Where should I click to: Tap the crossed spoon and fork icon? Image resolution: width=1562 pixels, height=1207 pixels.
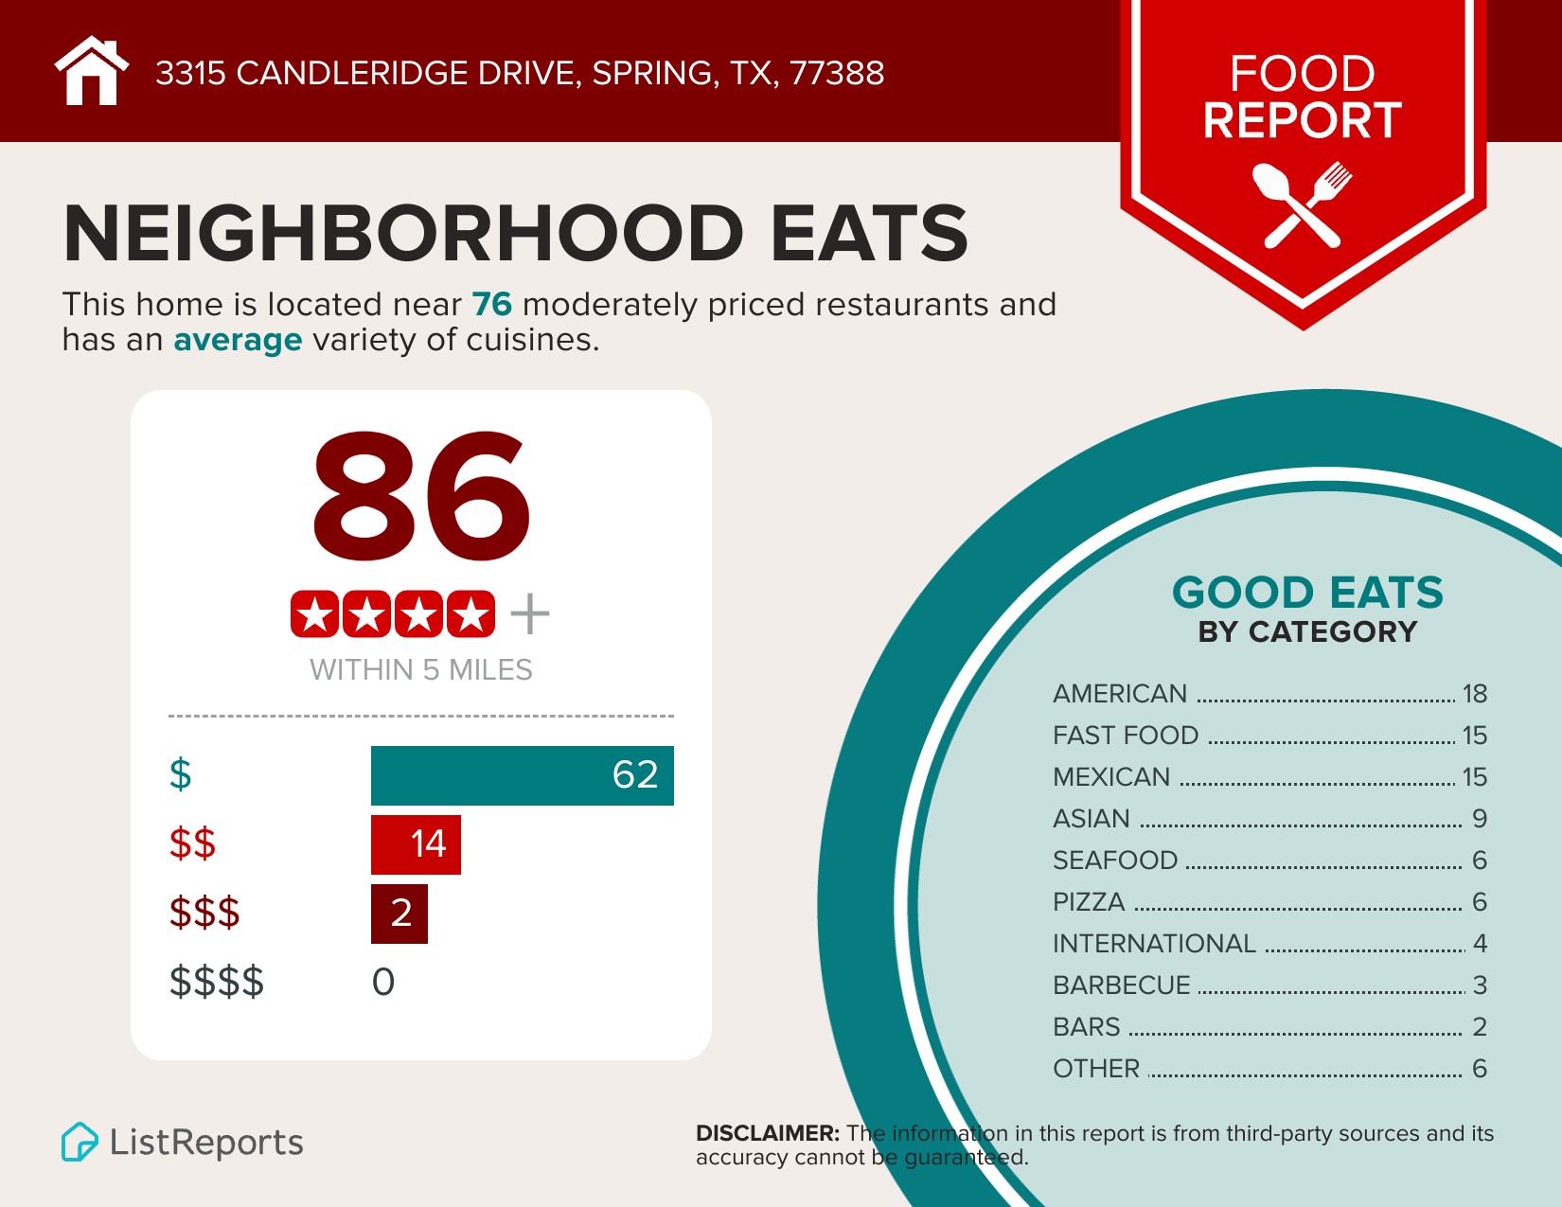coord(1302,204)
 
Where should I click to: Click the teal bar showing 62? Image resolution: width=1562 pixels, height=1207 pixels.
coord(522,775)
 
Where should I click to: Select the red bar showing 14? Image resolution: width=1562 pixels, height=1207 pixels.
coord(416,844)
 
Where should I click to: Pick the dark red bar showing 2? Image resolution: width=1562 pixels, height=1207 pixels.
coord(399,914)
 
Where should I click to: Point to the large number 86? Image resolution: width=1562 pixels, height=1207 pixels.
coord(421,494)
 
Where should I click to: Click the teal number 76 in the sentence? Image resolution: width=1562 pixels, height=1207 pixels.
coord(491,305)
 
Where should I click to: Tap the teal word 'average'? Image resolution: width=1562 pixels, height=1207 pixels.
coord(238,340)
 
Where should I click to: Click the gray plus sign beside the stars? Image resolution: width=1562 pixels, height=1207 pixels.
coord(529,614)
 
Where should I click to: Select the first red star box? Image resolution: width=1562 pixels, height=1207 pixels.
coord(314,615)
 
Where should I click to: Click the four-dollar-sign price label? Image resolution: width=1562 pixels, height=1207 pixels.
coord(217,982)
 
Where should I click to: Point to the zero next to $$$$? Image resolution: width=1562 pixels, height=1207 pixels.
coord(383,983)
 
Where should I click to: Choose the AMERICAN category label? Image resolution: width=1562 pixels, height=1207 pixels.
coord(1120,694)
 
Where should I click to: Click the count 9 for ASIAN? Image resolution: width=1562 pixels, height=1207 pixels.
coord(1480,819)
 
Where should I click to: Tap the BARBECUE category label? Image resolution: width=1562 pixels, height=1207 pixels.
coord(1122,985)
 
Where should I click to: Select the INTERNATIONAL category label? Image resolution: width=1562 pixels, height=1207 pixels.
coord(1154,944)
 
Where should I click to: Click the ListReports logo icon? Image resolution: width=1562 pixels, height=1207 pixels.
coord(80,1142)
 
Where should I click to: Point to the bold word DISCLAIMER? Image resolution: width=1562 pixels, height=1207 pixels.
coord(768,1133)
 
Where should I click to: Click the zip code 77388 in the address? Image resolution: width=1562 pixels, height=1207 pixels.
coord(837,73)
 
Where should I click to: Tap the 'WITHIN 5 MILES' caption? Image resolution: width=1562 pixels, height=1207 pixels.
coord(421,670)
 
